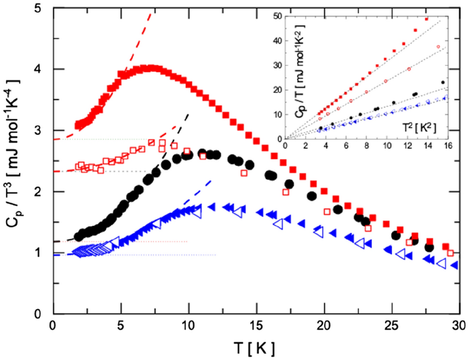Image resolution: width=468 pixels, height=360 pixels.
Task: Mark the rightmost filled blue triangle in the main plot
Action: pos(454,265)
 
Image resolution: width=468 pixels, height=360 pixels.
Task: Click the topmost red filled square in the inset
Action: pos(426,19)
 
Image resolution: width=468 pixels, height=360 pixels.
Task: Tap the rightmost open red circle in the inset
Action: pos(438,47)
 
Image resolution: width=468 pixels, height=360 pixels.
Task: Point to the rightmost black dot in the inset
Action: pos(443,82)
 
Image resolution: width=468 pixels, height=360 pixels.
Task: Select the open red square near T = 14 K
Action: pos(244,173)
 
